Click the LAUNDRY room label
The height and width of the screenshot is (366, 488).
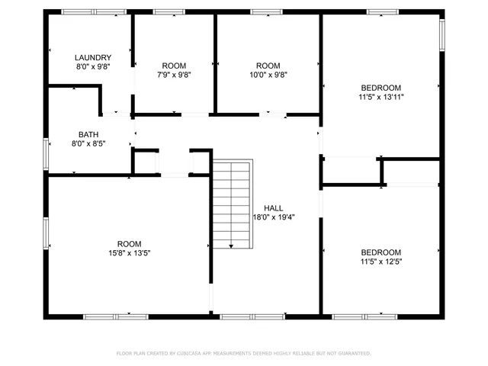coord(93,58)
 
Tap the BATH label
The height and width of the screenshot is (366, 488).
coord(88,133)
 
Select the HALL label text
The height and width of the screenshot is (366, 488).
coord(273,208)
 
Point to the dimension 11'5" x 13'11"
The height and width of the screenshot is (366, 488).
coord(380,97)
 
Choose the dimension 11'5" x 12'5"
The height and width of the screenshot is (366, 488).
coord(380,262)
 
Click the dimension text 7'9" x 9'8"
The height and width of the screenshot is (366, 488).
coord(174,75)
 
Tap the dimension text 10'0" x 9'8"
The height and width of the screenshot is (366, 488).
coord(267,75)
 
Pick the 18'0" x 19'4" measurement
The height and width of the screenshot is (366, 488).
coord(273,217)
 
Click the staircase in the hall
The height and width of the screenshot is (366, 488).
coord(232,204)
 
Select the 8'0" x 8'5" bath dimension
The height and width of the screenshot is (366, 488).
coord(88,143)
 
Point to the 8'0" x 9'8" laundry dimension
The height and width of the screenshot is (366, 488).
coord(93,67)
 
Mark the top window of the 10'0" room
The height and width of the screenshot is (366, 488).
coord(266,11)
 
